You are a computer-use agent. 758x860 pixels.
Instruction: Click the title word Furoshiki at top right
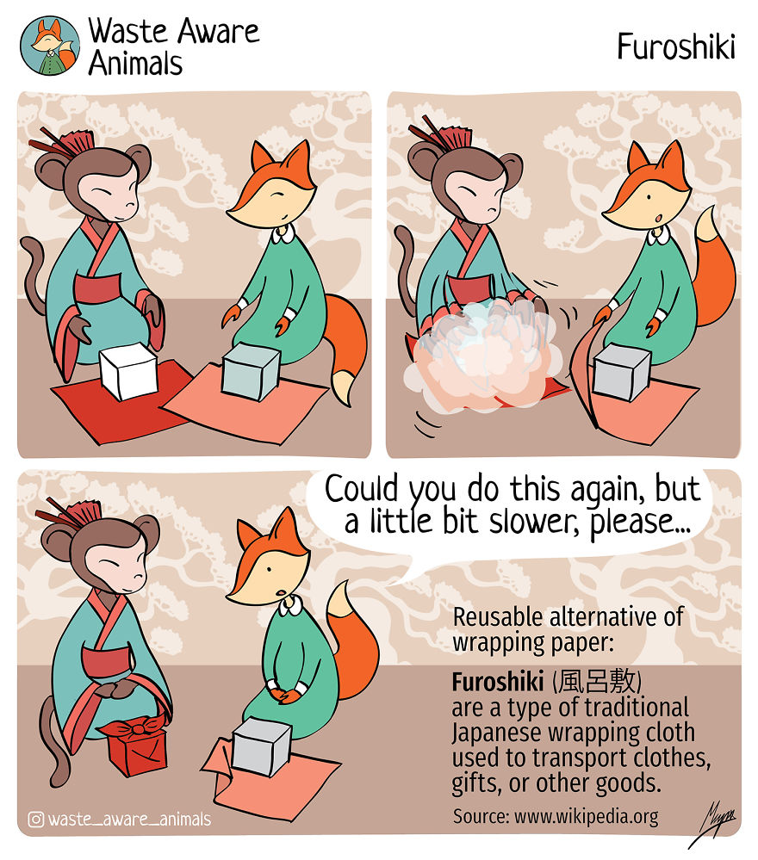(675, 47)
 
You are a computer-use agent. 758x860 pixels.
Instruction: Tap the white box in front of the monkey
(130, 370)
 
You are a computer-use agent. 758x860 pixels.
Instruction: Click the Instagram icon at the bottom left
(36, 819)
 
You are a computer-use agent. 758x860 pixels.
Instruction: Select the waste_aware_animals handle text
(129, 819)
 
